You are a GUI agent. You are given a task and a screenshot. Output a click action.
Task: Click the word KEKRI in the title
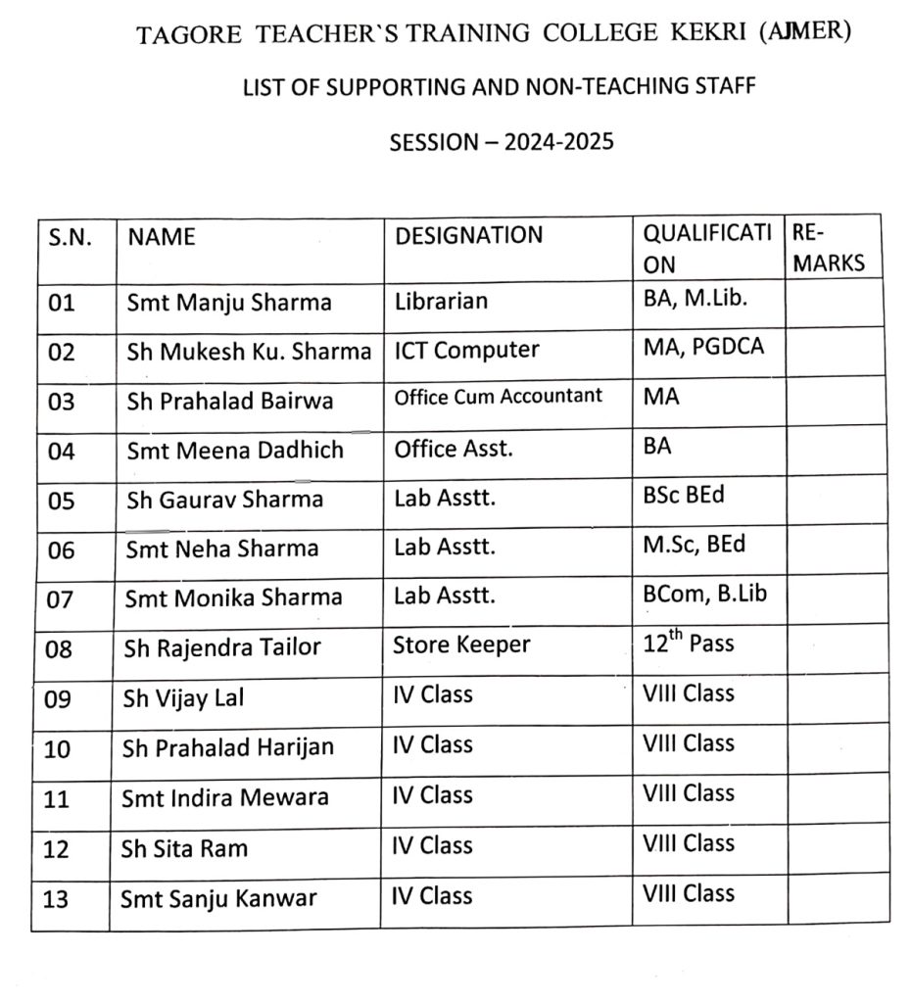[703, 34]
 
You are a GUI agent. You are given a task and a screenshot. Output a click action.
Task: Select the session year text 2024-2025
[558, 141]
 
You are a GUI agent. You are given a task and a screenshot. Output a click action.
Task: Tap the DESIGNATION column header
[468, 235]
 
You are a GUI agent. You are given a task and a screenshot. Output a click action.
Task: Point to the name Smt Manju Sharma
[229, 302]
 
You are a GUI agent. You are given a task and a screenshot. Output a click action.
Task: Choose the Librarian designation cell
[441, 300]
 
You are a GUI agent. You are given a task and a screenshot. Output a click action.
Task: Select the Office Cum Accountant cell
[498, 397]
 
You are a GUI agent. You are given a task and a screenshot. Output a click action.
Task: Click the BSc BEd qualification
[684, 496]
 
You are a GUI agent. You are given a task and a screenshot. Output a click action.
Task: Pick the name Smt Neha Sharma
[222, 549]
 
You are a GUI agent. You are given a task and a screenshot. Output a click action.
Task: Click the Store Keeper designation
[461, 645]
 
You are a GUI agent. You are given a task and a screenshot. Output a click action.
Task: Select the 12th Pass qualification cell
[688, 645]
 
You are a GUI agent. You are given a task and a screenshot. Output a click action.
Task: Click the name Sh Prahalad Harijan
[227, 747]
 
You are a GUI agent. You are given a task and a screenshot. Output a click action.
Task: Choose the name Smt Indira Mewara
[224, 797]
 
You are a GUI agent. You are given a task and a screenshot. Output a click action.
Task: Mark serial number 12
[57, 849]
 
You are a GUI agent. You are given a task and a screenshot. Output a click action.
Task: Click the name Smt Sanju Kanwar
[218, 898]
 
